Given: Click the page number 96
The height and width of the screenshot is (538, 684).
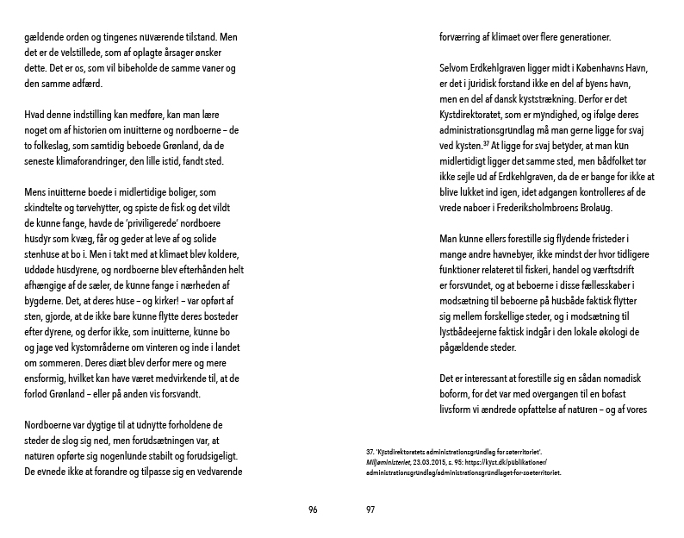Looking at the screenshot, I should [x=313, y=510].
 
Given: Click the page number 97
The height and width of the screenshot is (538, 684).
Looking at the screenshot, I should [x=370, y=510].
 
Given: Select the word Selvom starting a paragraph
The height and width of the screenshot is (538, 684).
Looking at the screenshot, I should [x=459, y=69].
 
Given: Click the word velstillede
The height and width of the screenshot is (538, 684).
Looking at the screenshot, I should [x=86, y=53].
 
